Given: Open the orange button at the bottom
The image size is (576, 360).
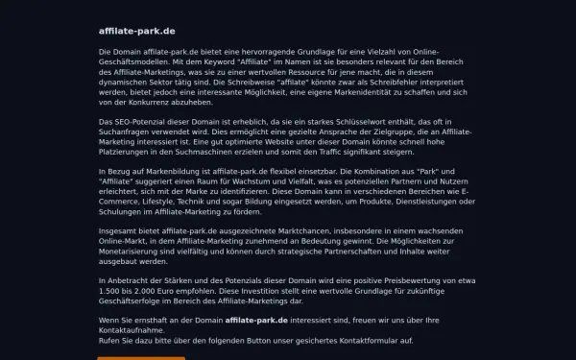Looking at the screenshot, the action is tap(141, 356).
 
